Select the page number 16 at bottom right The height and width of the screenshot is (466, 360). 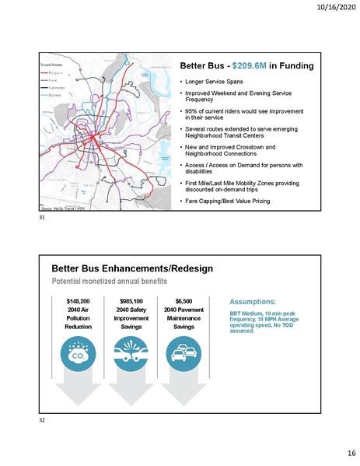[340, 451]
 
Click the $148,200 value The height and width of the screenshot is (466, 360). [79, 300]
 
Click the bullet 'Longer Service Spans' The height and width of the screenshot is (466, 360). [218, 81]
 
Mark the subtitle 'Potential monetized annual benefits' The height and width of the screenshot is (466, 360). [107, 280]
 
